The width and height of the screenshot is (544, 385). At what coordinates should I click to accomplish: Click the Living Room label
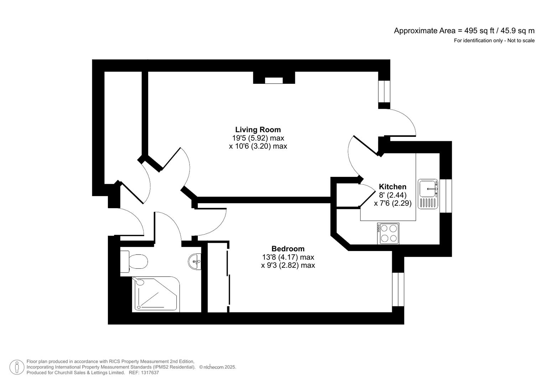pyautogui.click(x=258, y=130)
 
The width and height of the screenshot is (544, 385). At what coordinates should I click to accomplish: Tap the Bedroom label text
pyautogui.click(x=288, y=249)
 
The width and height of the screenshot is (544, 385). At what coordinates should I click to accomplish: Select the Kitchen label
pyautogui.click(x=392, y=187)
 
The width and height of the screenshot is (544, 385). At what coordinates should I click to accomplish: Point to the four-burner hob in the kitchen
pyautogui.click(x=388, y=233)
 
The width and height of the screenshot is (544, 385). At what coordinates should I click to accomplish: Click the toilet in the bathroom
pyautogui.click(x=134, y=262)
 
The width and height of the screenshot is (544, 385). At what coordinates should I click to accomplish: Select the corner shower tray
pyautogui.click(x=156, y=294)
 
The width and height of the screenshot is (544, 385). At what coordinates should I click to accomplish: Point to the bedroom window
pyautogui.click(x=398, y=289)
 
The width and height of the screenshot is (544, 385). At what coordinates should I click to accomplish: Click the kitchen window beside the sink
pyautogui.click(x=446, y=196)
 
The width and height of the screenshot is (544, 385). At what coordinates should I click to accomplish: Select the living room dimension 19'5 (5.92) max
pyautogui.click(x=258, y=138)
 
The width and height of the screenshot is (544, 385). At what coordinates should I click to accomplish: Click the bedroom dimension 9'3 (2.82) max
pyautogui.click(x=288, y=265)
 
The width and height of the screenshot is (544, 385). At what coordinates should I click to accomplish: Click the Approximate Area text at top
pyautogui.click(x=464, y=31)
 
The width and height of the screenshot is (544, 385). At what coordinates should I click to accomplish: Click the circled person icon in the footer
pyautogui.click(x=17, y=367)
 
